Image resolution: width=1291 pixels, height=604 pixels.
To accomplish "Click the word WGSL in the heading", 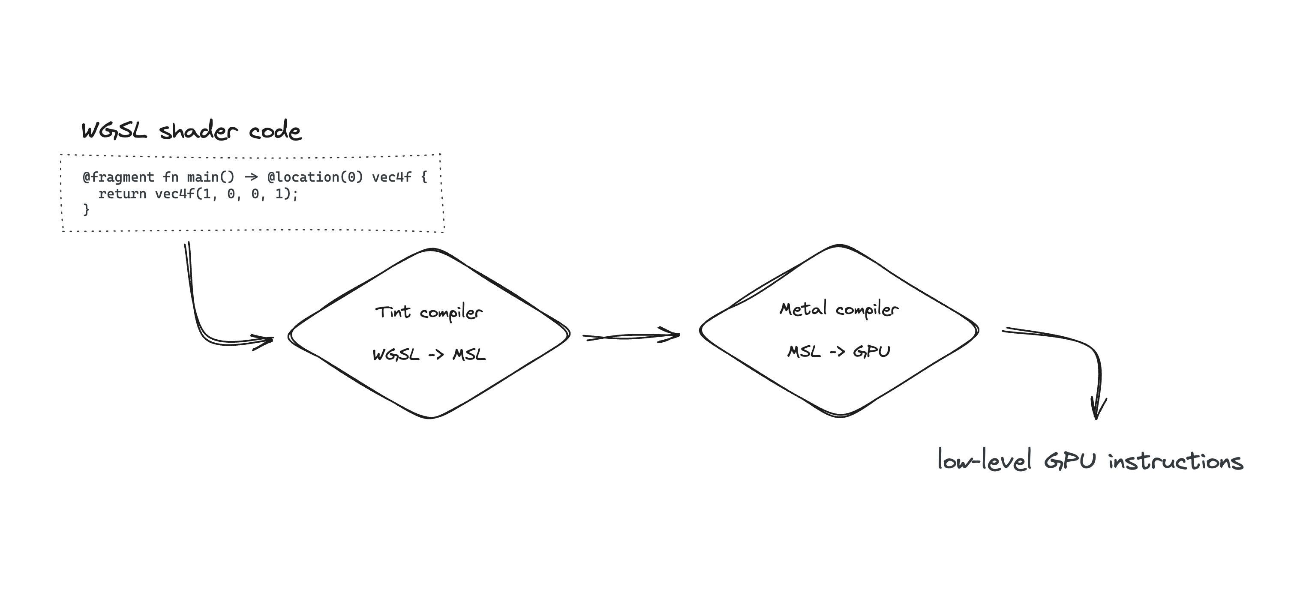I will pos(114,131).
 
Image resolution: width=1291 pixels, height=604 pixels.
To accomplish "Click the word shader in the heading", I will pos(198,131).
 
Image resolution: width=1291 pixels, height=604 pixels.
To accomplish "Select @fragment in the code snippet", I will pos(118,177).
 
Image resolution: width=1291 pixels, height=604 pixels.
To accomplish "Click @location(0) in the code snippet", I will pos(315,177).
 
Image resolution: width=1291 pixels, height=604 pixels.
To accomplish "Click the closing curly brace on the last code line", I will pos(86,209).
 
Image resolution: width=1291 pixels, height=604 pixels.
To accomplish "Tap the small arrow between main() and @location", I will pos(251,177).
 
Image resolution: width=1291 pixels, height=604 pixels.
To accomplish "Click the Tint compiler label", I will pos(429,313).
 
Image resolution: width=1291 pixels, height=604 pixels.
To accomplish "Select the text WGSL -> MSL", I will pos(429,355).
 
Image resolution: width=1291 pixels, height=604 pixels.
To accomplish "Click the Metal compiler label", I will pos(839,309).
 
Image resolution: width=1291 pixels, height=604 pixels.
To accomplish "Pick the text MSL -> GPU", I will pos(839,352).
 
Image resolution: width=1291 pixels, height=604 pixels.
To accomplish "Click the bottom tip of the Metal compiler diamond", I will pos(840,416).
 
